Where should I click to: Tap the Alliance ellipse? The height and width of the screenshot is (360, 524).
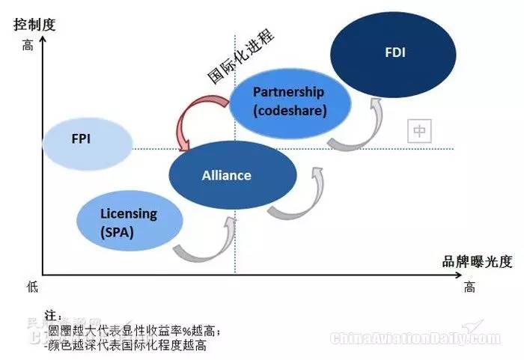tap(227, 175)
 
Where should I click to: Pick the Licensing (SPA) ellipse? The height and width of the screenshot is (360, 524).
tap(129, 222)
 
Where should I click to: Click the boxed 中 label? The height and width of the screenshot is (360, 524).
tap(420, 131)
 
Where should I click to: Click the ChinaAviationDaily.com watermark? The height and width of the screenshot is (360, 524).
tap(415, 338)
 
